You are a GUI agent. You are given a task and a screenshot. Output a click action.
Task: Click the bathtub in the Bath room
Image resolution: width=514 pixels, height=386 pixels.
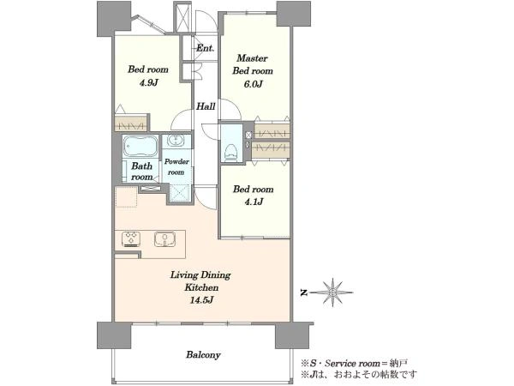click(140, 147)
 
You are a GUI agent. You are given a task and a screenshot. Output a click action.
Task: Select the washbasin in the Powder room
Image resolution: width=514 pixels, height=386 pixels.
click(176, 140)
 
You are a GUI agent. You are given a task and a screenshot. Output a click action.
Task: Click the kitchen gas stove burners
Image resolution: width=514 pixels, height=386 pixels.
click(131, 238)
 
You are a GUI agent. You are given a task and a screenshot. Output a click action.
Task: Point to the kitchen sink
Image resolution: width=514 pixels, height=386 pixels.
click(164, 238)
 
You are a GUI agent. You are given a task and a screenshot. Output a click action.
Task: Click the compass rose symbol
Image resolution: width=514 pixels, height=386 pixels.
click(333, 293)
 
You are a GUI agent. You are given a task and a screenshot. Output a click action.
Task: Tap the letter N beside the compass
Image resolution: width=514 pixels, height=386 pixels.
click(304, 293)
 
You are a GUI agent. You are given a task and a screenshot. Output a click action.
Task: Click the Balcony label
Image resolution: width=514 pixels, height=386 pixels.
click(203, 355)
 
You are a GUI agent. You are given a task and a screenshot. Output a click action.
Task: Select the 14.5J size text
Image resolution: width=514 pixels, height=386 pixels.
click(201, 299)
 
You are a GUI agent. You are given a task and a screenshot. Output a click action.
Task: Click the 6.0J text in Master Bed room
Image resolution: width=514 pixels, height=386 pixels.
click(253, 84)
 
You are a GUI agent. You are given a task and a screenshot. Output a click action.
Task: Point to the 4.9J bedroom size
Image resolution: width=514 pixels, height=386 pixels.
click(148, 82)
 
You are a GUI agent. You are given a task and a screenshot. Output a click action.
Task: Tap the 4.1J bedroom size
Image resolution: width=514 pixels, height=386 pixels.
click(253, 202)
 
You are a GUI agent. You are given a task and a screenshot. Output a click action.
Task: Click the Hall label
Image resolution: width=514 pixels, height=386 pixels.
click(206, 106)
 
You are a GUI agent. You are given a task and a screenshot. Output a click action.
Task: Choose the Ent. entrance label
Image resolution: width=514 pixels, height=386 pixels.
click(206, 48)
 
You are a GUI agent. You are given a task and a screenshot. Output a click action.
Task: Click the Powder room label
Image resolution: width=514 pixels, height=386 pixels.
click(176, 166)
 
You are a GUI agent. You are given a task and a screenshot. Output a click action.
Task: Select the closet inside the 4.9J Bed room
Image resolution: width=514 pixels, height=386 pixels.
click(130, 122)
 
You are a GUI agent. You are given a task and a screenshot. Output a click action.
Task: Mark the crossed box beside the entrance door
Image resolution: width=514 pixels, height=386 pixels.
click(182, 18)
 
